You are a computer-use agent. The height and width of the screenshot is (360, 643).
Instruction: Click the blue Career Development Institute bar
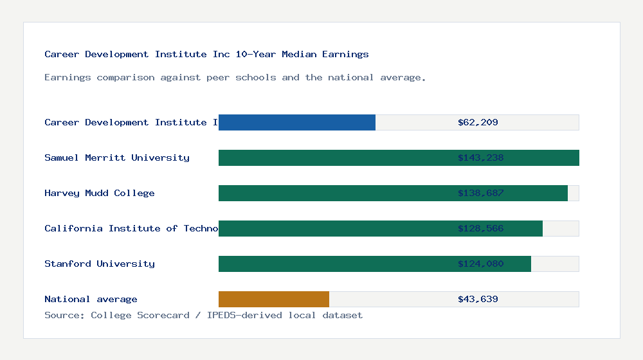tap(297, 122)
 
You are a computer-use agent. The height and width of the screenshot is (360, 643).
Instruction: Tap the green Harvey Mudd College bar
tap(334, 193)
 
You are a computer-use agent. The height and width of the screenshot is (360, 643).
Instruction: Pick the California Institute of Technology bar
tap(334, 228)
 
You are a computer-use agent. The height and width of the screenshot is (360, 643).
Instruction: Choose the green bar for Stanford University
tap(334, 264)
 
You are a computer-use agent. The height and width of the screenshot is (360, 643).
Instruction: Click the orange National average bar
tap(274, 299)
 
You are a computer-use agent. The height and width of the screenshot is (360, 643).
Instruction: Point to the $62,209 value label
tap(478, 122)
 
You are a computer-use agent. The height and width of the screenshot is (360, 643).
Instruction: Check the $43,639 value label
tap(478, 299)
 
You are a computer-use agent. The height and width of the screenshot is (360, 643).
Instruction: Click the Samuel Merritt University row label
tap(117, 157)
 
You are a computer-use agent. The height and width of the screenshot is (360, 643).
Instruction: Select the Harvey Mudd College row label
tap(100, 193)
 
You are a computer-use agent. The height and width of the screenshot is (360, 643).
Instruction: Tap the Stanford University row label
tap(100, 264)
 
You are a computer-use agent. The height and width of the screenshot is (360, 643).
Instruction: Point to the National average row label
tap(91, 299)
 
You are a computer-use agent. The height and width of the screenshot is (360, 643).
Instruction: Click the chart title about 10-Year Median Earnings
tap(206, 55)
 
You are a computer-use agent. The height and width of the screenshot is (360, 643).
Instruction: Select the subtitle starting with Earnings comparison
tap(235, 78)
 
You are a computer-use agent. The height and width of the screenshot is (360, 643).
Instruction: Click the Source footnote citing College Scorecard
tap(203, 315)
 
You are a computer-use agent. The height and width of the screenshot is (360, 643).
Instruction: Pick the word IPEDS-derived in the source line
tap(242, 315)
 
